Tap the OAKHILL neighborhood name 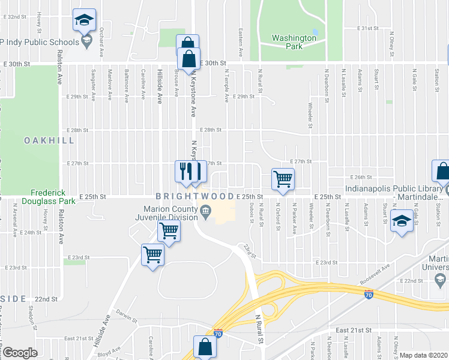coord(49,140)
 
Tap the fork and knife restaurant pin coord(185,171)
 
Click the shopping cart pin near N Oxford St coord(283,178)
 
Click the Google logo coord(20,353)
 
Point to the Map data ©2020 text coord(424,355)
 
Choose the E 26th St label coord(361,178)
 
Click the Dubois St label coord(251,214)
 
